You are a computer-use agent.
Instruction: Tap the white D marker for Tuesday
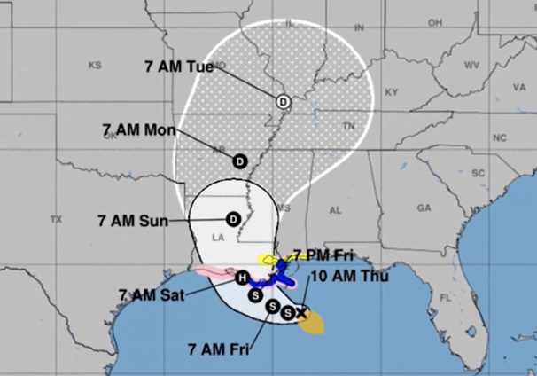[283, 101]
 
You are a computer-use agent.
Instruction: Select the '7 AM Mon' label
[139, 129]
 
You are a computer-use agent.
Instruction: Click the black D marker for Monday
[239, 161]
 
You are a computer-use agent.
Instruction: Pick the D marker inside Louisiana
[234, 218]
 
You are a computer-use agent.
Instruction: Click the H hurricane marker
[242, 278]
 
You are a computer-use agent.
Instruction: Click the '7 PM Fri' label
[324, 255]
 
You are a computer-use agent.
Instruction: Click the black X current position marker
[301, 312]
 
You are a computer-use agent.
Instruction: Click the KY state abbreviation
[392, 91]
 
